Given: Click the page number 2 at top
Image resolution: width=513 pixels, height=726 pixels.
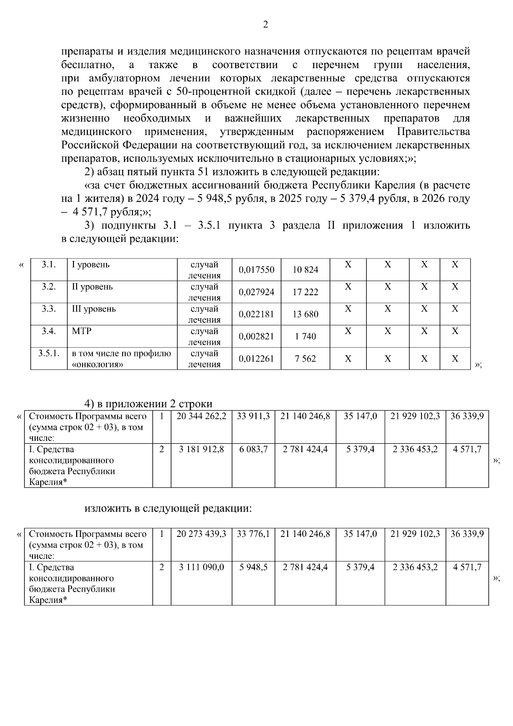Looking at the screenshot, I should pos(265,25).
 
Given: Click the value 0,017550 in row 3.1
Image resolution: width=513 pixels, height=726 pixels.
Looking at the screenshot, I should pos(256,270).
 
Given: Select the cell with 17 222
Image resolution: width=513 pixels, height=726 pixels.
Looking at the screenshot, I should pos(305,292).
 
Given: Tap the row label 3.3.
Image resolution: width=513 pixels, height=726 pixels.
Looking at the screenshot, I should pos(49,309).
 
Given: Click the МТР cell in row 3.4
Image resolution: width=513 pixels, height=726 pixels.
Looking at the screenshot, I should pos(82,331).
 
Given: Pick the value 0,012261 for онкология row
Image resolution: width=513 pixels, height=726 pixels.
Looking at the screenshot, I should pos(256,359).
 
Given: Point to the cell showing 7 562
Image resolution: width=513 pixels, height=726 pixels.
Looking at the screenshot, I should pos(305,359).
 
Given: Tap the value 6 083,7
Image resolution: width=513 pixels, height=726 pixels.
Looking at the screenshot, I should pos(253,450).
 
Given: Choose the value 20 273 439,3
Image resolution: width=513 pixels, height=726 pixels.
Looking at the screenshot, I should pos(201,534).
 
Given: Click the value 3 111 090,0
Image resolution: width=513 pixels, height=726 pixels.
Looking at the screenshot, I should pos(201,567).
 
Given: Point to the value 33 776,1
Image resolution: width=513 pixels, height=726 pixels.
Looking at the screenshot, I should pos(253,534).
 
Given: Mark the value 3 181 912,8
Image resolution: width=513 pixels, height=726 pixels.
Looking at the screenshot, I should pos(201,450).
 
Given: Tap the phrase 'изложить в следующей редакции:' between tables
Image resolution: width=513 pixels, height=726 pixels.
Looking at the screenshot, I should pos(168,509).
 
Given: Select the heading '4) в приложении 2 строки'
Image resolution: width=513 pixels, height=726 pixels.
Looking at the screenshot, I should pos(148,404).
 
